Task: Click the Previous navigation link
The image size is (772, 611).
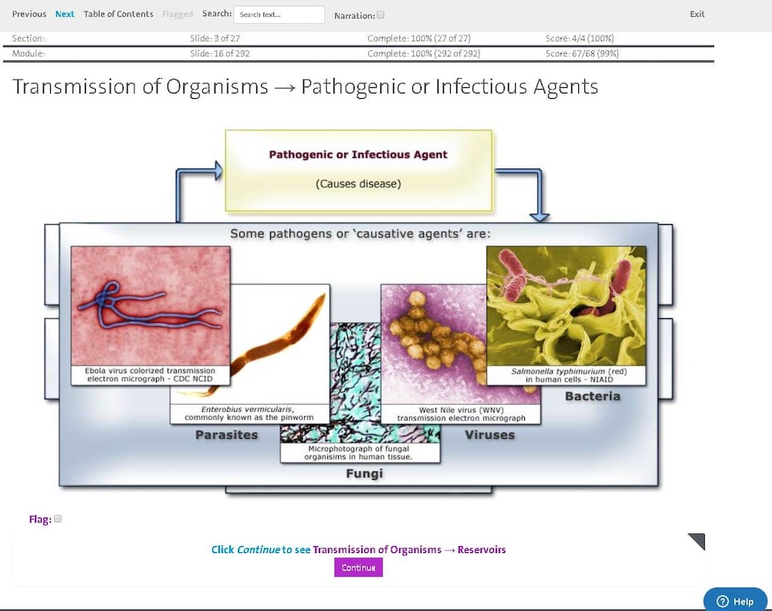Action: [29, 14]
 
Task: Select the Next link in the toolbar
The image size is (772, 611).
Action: [65, 14]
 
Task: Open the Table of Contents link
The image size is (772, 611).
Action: [118, 14]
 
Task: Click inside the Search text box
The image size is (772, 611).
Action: [279, 15]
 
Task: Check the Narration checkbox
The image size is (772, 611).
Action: [381, 15]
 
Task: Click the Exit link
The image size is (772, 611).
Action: [696, 14]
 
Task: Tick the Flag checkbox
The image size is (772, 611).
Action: [58, 519]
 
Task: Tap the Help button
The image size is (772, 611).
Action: [735, 601]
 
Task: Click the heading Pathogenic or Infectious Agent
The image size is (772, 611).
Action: [358, 154]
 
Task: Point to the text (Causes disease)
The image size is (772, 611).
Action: [358, 184]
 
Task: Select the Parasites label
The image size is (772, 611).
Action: [226, 435]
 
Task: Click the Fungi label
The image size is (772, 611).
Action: [364, 474]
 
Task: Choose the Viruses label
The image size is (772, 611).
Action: [490, 435]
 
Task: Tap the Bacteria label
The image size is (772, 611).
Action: [592, 396]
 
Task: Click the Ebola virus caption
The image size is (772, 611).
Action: [151, 375]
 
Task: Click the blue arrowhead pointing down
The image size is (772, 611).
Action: [539, 217]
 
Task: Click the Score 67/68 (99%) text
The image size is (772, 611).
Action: [582, 53]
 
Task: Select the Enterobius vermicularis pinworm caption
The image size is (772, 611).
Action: [249, 413]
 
